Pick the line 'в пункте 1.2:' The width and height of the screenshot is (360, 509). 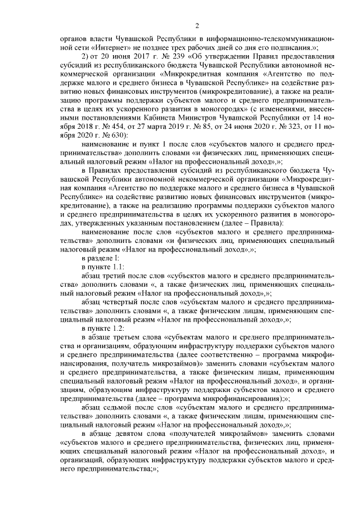point(102,327)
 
